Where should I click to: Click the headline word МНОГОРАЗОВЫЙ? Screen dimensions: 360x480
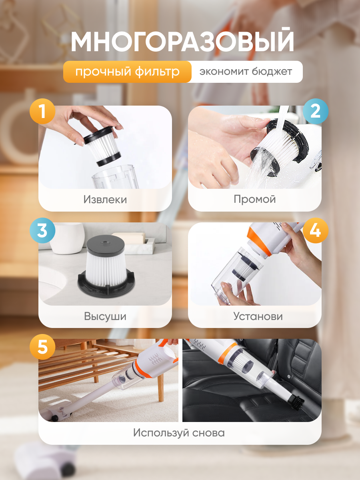click(182, 40)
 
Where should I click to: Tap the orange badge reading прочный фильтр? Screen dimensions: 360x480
click(128, 72)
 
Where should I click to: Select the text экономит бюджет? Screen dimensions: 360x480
click(246, 72)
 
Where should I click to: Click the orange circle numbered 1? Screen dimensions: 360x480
click(42, 111)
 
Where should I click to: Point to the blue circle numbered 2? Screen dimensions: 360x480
click(316, 111)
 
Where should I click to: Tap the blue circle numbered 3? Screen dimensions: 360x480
click(42, 230)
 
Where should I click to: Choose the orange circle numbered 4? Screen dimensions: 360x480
click(316, 230)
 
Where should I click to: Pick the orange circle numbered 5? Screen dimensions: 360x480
click(42, 347)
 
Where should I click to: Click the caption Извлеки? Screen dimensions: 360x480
click(105, 200)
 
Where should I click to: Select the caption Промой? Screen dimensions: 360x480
click(255, 199)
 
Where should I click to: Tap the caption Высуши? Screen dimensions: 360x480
click(105, 316)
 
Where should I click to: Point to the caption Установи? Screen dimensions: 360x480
click(258, 316)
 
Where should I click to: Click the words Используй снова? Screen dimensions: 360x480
click(179, 433)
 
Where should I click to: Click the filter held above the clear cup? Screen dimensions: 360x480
click(102, 146)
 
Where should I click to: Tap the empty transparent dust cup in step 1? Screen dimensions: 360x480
click(115, 177)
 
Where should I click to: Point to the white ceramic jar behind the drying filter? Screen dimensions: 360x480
click(67, 238)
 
